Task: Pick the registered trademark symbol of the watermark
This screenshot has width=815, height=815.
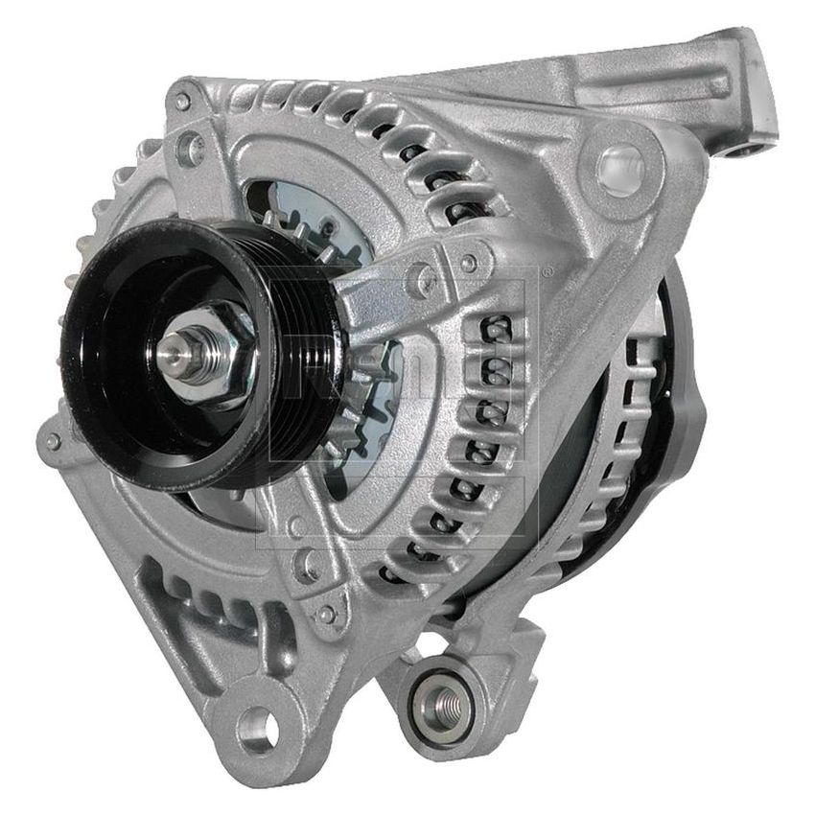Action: pos(547,273)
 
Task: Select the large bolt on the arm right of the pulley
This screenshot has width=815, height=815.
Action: pos(422,280)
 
